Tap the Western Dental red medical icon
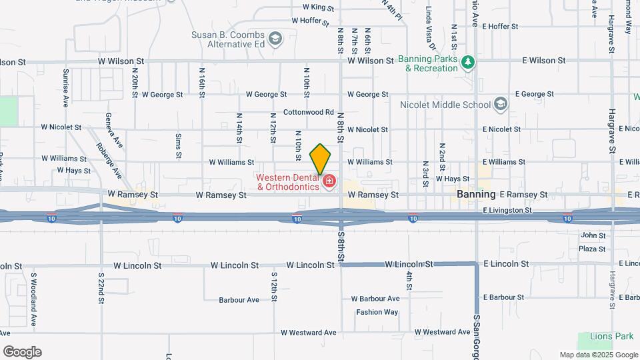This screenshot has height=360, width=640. [x=328, y=181]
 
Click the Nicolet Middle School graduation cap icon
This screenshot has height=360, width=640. [x=501, y=104]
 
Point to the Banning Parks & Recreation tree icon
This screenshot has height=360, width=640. [x=469, y=63]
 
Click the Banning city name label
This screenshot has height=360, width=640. [x=476, y=194]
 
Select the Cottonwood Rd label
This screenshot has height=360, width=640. [x=308, y=112]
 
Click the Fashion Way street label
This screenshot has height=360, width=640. [x=377, y=312]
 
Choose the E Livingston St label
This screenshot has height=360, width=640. [x=507, y=210]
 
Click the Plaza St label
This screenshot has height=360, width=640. [x=591, y=249]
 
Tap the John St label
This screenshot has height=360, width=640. [x=593, y=235]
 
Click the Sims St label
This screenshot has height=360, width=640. [x=179, y=145]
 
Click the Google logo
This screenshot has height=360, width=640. [x=21, y=352]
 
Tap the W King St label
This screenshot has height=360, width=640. [x=318, y=7]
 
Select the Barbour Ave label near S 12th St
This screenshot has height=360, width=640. [x=239, y=300]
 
